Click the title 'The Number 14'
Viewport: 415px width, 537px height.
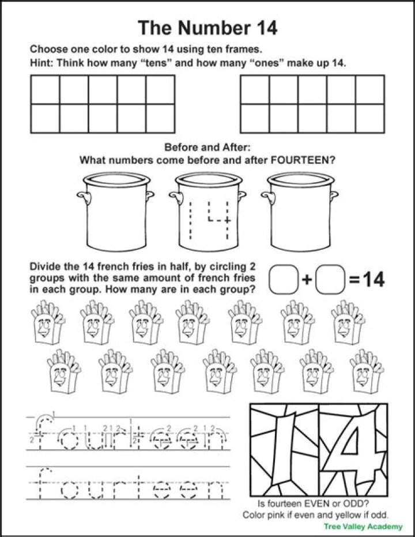point(207,27)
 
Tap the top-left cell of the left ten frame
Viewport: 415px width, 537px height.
point(45,89)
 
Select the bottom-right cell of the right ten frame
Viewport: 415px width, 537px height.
point(369,118)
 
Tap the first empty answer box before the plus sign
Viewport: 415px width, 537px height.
point(284,280)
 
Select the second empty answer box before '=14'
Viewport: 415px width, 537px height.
point(331,280)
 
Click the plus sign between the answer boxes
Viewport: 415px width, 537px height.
point(307,280)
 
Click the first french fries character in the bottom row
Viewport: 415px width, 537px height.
point(63,372)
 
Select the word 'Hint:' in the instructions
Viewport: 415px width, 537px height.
point(42,63)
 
